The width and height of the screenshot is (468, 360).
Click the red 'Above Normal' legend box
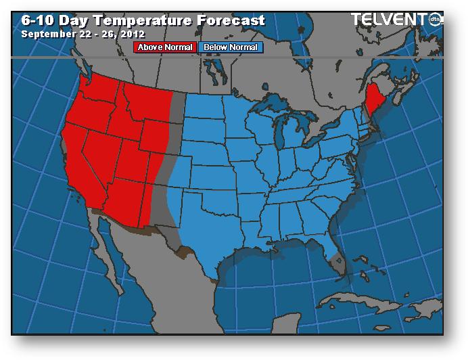[166, 47]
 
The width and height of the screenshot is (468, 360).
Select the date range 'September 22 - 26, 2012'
[83, 34]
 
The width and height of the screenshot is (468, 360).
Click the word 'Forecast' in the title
[233, 20]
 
